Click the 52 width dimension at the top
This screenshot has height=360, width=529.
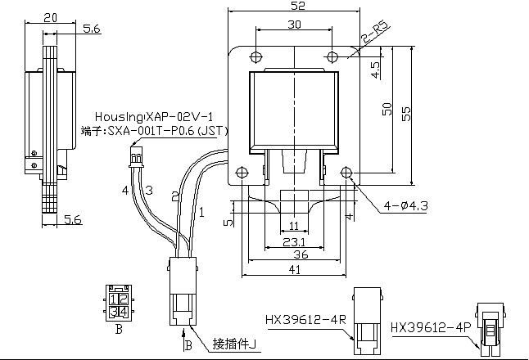pyautogui.click(x=293, y=7)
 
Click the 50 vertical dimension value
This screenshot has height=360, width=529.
pyautogui.click(x=388, y=108)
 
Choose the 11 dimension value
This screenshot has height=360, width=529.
pyautogui.click(x=292, y=225)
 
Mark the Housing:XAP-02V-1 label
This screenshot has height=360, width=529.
pyautogui.click(x=154, y=115)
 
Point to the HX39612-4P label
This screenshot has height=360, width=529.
pyautogui.click(x=432, y=326)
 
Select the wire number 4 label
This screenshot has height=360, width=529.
pyautogui.click(x=125, y=190)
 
